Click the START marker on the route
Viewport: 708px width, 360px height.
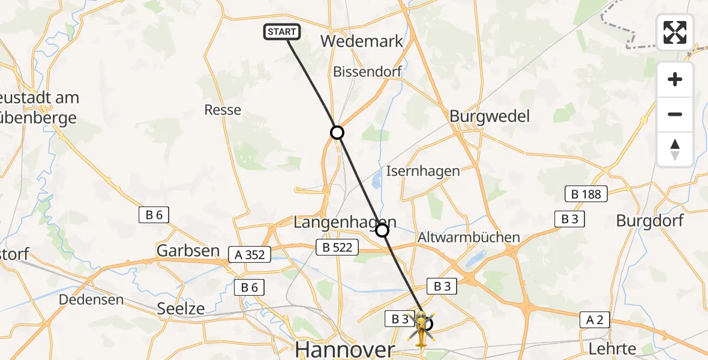point(281,32)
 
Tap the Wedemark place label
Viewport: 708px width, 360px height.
point(362,41)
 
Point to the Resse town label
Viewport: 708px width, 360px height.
point(223,110)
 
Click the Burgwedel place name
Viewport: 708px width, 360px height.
point(490,116)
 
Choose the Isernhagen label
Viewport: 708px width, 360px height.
point(422,171)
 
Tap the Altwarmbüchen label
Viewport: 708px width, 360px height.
point(469,237)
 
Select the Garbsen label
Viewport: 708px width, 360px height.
point(188,251)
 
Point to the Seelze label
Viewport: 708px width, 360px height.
point(180,309)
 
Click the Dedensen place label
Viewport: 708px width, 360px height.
point(92,299)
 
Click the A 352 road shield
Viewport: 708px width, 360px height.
point(250,254)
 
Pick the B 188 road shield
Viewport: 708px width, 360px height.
point(586,194)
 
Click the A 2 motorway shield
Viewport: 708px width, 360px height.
point(595,321)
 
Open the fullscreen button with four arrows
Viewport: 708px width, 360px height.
point(675,32)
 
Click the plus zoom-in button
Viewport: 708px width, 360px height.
point(675,79)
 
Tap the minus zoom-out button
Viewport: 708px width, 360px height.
point(675,114)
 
